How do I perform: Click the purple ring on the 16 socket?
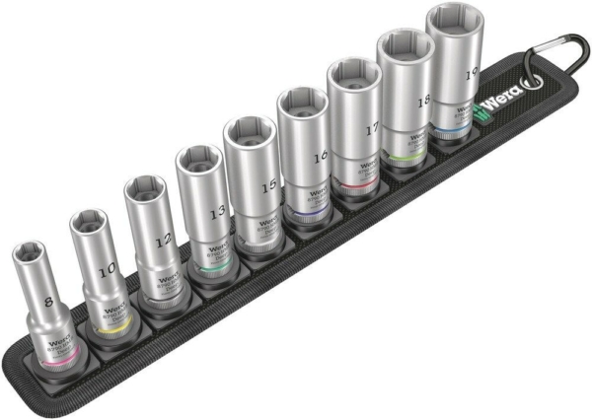click(306, 212)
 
